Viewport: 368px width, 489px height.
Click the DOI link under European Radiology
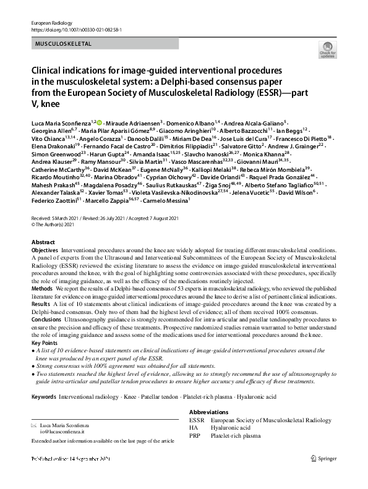click(x=76, y=29)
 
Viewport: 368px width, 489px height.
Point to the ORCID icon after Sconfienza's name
click(x=98, y=125)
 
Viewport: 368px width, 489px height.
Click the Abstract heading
click(x=43, y=242)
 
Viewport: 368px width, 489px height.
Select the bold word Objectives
click(x=45, y=250)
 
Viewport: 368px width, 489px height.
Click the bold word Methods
click(x=41, y=288)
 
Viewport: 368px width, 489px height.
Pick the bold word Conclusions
click(x=47, y=319)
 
